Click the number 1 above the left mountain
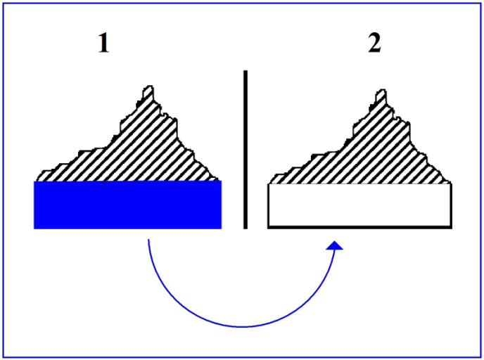[103, 43]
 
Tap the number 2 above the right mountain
[375, 43]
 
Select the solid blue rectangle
[127, 205]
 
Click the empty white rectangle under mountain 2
[360, 206]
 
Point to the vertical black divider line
[246, 150]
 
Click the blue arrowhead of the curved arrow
[335, 245]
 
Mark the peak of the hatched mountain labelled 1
[150, 86]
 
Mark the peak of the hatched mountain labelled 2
[383, 90]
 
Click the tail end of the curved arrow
[148, 239]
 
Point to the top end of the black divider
[246, 71]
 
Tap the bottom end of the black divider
[246, 229]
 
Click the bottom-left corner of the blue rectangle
[34, 229]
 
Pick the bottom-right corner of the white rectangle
[452, 228]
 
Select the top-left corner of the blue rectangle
[34, 181]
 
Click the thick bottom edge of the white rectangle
[360, 227]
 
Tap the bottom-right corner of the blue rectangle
[222, 229]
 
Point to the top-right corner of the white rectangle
[452, 184]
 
